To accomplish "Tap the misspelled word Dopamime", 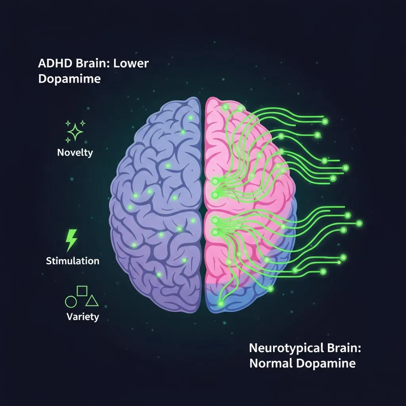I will pos(69,79).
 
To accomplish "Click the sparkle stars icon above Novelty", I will pos(75,131).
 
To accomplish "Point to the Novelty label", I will pos(75,152).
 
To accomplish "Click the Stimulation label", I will pos(73,261).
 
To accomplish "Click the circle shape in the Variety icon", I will pos(71,302).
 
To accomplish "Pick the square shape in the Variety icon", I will pos(82,291).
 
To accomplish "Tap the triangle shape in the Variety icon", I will pos(92,301).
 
